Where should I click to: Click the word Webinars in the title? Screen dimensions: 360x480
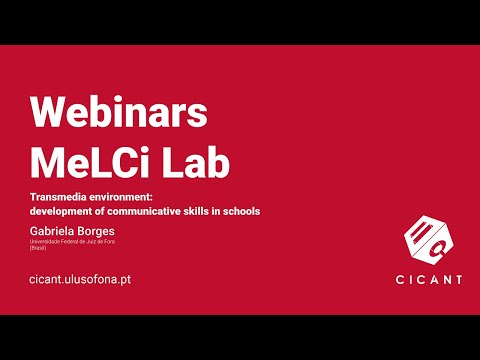[118, 112]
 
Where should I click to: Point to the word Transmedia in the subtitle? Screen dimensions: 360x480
[62, 197]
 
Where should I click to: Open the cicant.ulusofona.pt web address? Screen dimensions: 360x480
[81, 280]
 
